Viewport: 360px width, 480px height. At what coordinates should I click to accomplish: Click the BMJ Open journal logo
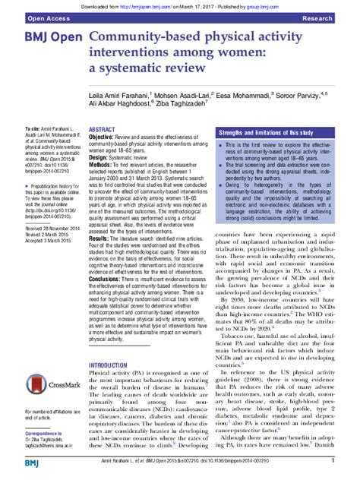[46, 39]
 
